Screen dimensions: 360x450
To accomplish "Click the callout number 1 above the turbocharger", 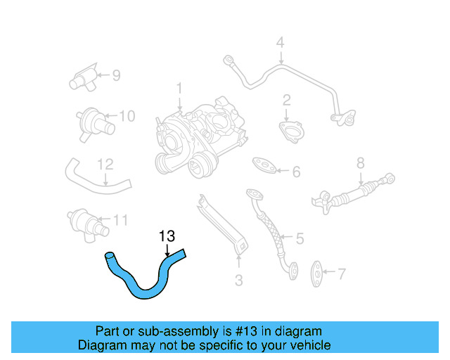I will pyautogui.click(x=179, y=89).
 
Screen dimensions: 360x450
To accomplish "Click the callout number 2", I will pyautogui.click(x=287, y=100).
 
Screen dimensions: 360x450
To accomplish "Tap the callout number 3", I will pyautogui.click(x=238, y=281).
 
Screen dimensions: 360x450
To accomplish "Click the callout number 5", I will pyautogui.click(x=300, y=239).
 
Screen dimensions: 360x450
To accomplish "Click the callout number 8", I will pyautogui.click(x=360, y=163).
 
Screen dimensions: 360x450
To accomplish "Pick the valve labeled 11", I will pyautogui.click(x=86, y=221).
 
